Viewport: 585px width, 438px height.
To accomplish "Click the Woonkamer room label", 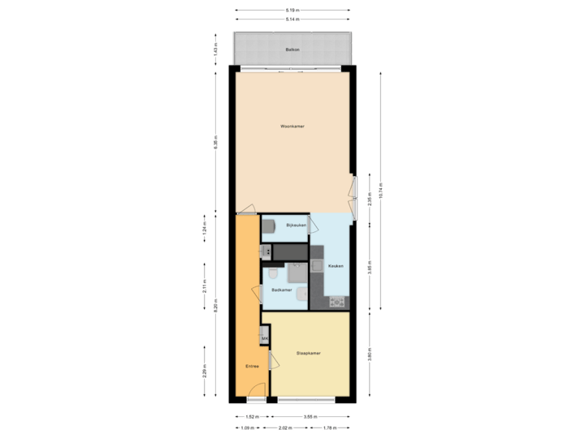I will pyautogui.click(x=292, y=127).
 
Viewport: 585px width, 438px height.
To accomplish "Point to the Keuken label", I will pyautogui.click(x=336, y=266).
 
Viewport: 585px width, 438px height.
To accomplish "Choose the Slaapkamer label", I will pyautogui.click(x=310, y=354).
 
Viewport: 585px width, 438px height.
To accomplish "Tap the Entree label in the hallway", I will pyautogui.click(x=253, y=367).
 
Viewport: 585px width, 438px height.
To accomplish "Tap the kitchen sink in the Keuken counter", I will pyautogui.click(x=316, y=266).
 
